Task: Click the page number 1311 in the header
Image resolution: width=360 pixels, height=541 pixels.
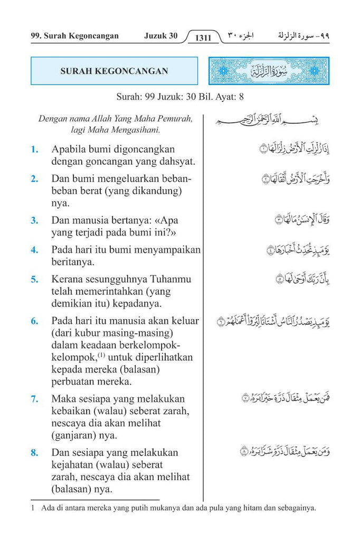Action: [x=203, y=38]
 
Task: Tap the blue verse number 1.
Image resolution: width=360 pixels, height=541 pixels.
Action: [x=35, y=150]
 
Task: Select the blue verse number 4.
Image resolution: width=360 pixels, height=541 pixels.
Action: [x=35, y=250]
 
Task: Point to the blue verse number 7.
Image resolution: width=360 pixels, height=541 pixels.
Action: [x=35, y=399]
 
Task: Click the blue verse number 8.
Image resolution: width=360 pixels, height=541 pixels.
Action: [x=35, y=453]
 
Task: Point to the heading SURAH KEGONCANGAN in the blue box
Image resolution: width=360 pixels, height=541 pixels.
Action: [x=114, y=71]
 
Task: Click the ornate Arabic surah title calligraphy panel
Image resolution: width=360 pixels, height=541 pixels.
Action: [x=269, y=71]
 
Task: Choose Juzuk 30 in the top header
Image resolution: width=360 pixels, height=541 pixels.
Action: [x=161, y=36]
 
